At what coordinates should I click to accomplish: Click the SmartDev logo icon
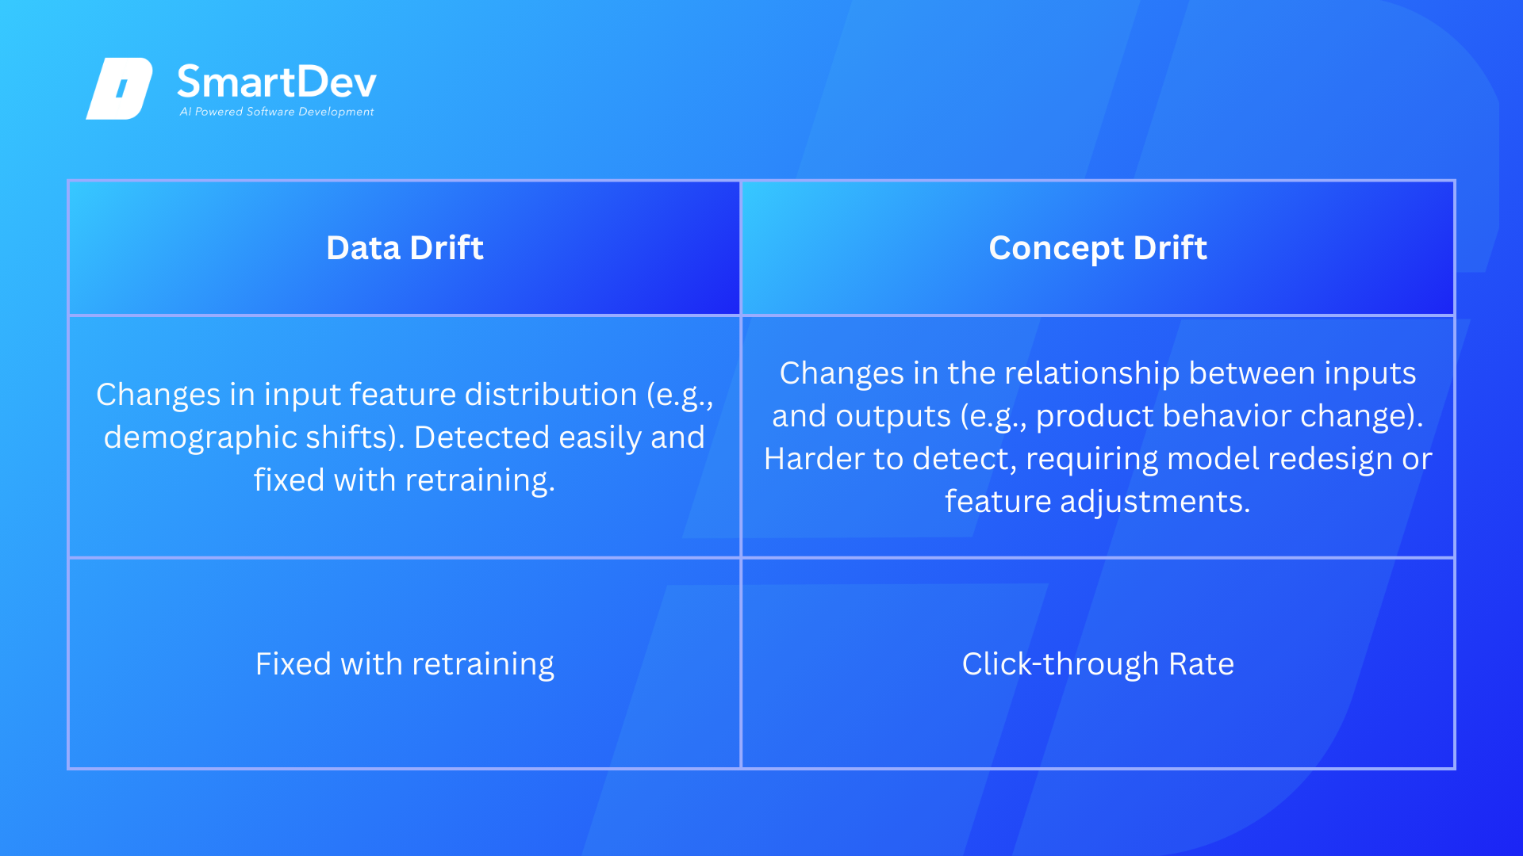pos(119,88)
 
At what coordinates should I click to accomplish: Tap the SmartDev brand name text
pos(277,82)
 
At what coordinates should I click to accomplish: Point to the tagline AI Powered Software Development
pos(277,112)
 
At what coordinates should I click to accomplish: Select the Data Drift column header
pos(405,248)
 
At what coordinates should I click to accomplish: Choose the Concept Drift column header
pos(1098,248)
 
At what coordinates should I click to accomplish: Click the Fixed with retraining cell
pos(405,664)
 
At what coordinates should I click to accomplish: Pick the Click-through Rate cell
pos(1098,664)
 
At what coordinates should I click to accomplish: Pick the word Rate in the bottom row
pos(1201,664)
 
